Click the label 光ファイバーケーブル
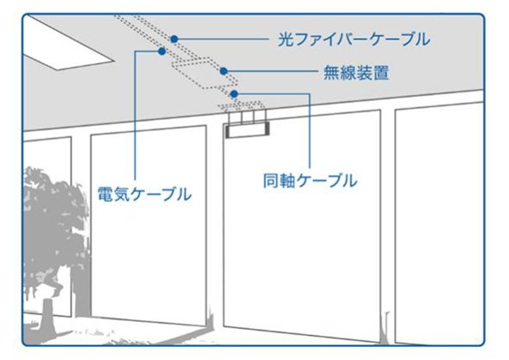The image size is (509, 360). [354, 40]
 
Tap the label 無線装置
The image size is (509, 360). [356, 73]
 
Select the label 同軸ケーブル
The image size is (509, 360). [310, 180]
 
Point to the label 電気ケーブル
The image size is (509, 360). [144, 194]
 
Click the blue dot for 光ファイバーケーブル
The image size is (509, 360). [174, 39]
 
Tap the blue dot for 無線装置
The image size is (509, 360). [223, 71]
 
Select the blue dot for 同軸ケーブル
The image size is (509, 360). [234, 94]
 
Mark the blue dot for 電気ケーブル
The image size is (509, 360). [161, 51]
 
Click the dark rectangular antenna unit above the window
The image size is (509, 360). [248, 130]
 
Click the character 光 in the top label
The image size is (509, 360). [286, 40]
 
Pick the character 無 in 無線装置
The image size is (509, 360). [331, 73]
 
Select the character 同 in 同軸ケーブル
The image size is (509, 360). [271, 180]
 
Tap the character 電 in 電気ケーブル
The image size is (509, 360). [105, 194]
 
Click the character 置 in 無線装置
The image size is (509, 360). [381, 73]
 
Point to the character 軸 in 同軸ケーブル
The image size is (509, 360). [287, 180]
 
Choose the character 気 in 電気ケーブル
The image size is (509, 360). [122, 194]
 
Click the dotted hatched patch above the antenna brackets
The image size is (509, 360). [242, 105]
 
